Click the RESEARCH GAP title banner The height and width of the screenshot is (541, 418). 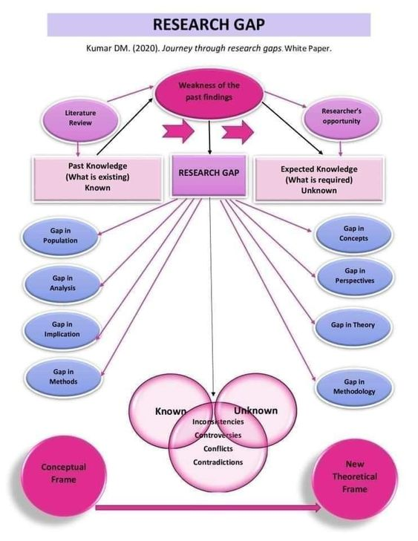(209, 24)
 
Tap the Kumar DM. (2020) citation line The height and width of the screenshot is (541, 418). (209, 48)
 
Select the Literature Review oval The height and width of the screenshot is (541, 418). (80, 117)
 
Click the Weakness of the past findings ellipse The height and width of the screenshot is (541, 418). (209, 91)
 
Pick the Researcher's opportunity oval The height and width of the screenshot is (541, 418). (341, 116)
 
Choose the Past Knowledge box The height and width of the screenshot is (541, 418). (97, 177)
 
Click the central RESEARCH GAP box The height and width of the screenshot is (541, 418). (209, 173)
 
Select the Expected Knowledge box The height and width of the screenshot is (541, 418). (319, 179)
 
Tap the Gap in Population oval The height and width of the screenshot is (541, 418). (60, 235)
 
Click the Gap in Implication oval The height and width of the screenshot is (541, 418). (62, 329)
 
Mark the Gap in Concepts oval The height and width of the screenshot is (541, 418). (353, 234)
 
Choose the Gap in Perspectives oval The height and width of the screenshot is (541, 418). (354, 276)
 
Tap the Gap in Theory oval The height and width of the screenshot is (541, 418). (353, 325)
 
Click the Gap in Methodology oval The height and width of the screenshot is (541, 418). (353, 386)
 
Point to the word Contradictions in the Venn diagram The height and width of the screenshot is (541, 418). (218, 462)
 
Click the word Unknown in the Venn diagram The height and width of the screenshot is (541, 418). (256, 410)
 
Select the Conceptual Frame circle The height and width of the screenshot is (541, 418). (63, 473)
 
